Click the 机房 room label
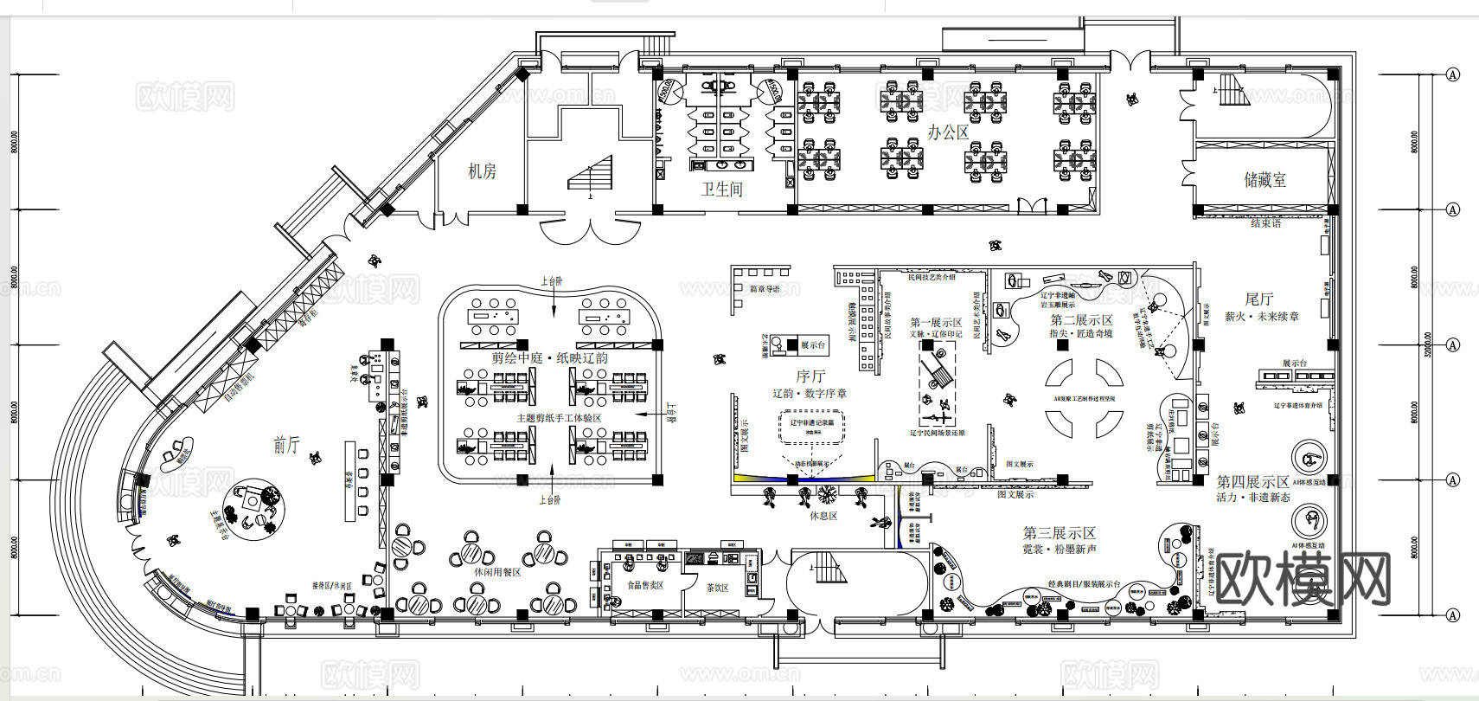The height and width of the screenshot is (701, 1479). point(482,171)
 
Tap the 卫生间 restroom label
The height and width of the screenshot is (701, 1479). point(721,189)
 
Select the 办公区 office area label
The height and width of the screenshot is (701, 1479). point(948,132)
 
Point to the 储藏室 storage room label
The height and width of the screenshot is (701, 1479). point(1265,180)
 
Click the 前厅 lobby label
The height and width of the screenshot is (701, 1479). point(286,445)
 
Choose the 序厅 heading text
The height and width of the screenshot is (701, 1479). point(810,376)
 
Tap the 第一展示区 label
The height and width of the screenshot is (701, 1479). point(936,322)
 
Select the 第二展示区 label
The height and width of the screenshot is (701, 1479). point(1081,320)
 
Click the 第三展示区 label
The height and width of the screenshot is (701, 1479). point(1059,533)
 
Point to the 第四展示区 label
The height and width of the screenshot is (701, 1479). point(1252,482)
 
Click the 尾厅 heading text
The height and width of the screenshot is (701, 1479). point(1259,299)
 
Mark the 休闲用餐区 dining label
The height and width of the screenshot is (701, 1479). point(497,572)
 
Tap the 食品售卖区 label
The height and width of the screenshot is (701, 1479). point(645,585)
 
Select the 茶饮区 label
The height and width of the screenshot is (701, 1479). point(717,588)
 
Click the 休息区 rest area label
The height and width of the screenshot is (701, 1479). point(823,516)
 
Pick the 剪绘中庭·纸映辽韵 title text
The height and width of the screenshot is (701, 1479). point(549,357)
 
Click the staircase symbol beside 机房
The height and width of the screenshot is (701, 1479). point(591,173)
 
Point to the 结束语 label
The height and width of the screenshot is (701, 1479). point(1265,223)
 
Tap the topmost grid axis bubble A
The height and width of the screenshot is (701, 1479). point(1452,74)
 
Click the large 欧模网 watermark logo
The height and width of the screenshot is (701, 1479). point(1303,578)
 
